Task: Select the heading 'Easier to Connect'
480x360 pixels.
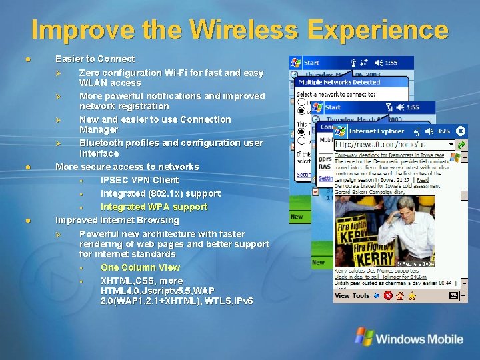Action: click(95, 59)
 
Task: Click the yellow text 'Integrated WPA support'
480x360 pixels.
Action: click(153, 207)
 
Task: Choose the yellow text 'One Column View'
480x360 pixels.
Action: click(140, 267)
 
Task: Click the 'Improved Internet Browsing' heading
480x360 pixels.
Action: click(117, 220)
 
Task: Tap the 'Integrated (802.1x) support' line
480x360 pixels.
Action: click(160, 193)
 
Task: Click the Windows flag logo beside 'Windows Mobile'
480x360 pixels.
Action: click(364, 337)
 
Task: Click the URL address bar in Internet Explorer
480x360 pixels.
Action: click(393, 144)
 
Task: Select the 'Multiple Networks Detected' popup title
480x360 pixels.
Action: click(339, 82)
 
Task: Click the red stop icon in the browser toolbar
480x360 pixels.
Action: click(388, 295)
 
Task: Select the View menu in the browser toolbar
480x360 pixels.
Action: click(342, 295)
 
